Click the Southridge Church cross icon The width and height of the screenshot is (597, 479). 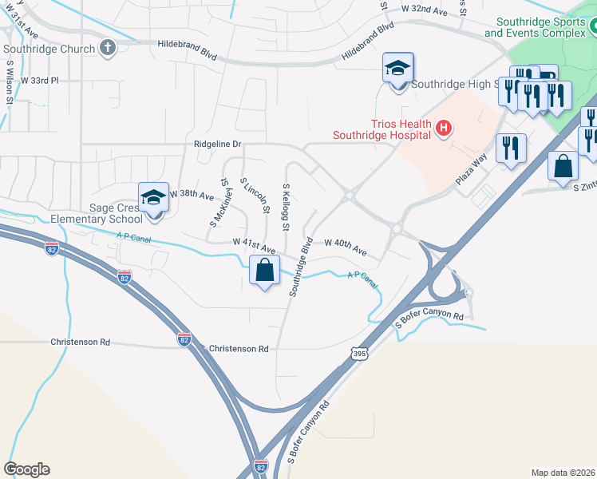pyautogui.click(x=109, y=49)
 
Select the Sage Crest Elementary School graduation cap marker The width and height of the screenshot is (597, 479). pyautogui.click(x=153, y=198)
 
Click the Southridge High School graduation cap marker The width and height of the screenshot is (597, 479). pyautogui.click(x=397, y=69)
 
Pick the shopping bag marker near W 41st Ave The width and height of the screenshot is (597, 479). pyautogui.click(x=264, y=271)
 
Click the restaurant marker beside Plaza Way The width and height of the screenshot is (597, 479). pyautogui.click(x=510, y=148)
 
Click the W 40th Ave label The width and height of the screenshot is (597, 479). pyautogui.click(x=345, y=246)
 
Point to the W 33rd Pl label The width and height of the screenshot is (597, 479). pyautogui.click(x=39, y=81)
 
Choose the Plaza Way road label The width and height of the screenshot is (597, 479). pyautogui.click(x=471, y=169)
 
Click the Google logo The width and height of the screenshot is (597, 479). pyautogui.click(x=27, y=469)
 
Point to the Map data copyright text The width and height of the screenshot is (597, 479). pyautogui.click(x=563, y=473)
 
